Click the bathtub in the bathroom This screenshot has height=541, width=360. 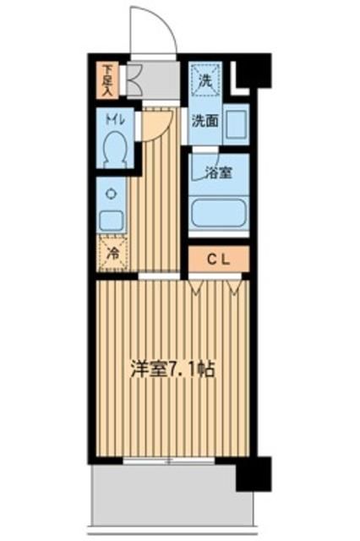coord(217,213)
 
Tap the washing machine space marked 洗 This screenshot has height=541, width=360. coord(205,82)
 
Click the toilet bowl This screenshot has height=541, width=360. coord(113,150)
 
